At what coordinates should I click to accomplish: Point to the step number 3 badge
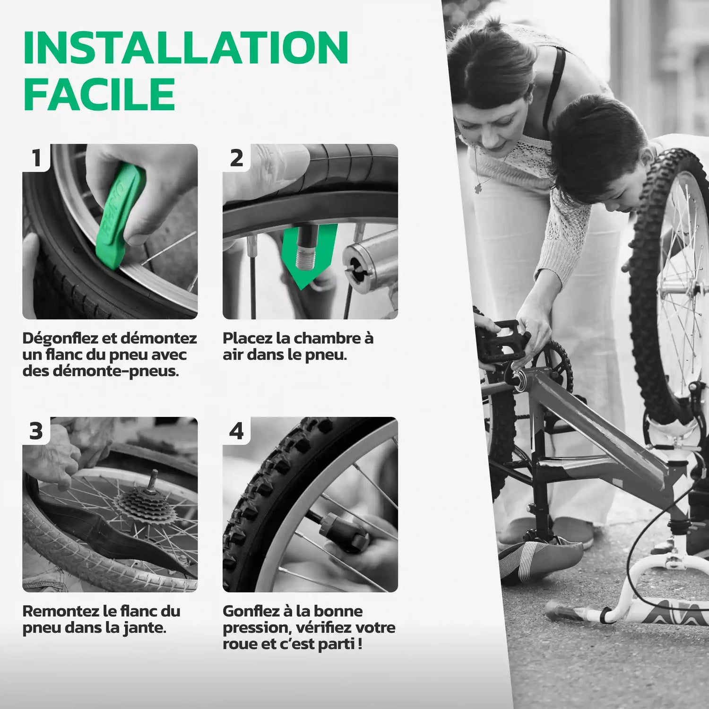click(36, 431)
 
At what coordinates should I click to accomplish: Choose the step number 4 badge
click(236, 431)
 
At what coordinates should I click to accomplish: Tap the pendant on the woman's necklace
click(479, 188)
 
